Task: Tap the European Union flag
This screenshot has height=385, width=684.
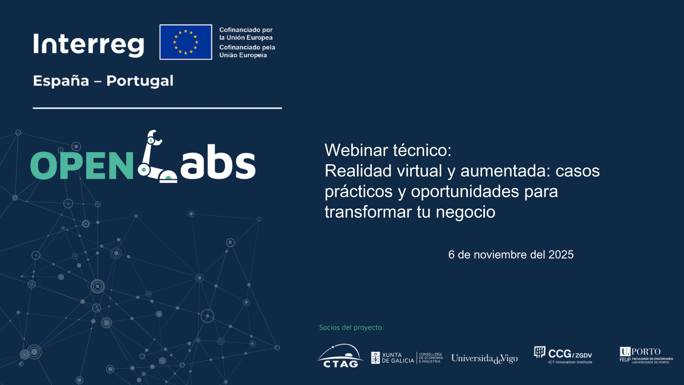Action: pyautogui.click(x=186, y=42)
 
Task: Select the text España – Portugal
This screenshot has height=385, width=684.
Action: pyautogui.click(x=103, y=81)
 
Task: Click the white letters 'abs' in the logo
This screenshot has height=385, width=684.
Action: pyautogui.click(x=218, y=163)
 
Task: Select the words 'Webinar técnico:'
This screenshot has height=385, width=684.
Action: pyautogui.click(x=388, y=150)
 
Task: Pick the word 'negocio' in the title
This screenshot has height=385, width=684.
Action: pyautogui.click(x=465, y=212)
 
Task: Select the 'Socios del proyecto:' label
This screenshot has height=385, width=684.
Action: pyautogui.click(x=352, y=328)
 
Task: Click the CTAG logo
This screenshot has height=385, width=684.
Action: pyautogui.click(x=340, y=356)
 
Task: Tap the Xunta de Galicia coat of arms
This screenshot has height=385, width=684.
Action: pyautogui.click(x=375, y=358)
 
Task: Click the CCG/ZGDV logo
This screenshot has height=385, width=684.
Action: pyautogui.click(x=563, y=355)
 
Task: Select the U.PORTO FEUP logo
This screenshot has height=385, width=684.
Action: pyautogui.click(x=646, y=355)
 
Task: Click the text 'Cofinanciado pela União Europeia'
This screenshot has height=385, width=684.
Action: pyautogui.click(x=247, y=51)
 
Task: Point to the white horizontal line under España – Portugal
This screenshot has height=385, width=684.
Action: pyautogui.click(x=157, y=108)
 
